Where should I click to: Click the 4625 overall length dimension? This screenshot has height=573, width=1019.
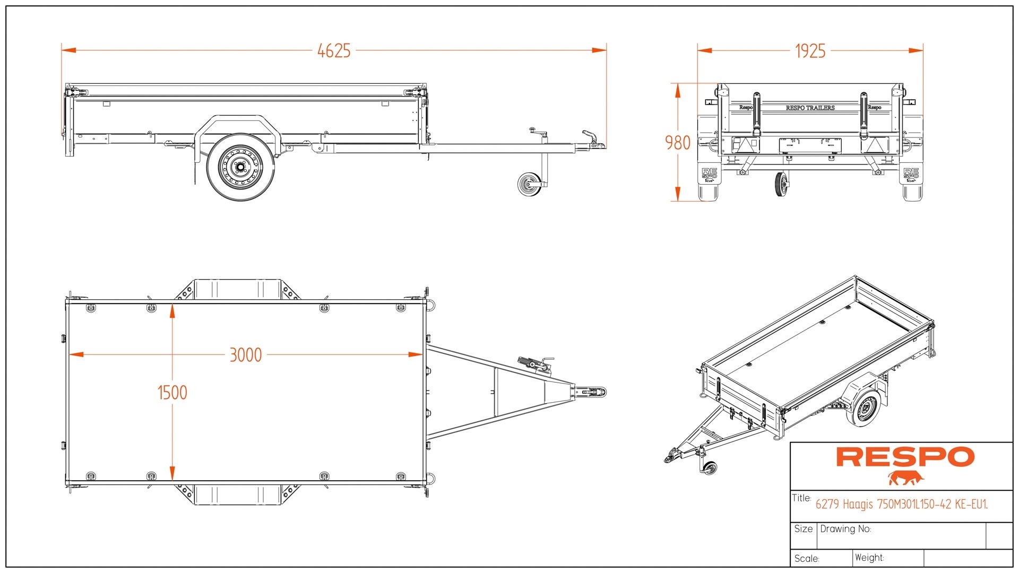(334, 51)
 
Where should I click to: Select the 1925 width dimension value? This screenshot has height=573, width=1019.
(810, 51)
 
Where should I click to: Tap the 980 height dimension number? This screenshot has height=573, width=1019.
(678, 143)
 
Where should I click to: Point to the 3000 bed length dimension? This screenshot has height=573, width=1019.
(245, 355)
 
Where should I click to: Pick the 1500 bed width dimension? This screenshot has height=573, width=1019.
(172, 393)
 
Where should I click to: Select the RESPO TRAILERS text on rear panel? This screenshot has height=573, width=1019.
(810, 108)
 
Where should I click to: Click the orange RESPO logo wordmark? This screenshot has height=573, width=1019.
(905, 457)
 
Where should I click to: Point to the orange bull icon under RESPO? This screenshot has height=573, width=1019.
(906, 478)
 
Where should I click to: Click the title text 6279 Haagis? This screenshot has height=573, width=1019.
(901, 505)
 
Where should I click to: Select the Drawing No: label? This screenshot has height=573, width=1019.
(845, 529)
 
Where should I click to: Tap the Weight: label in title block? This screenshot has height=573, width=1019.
(869, 558)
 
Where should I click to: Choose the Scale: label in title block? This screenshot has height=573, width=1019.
(807, 559)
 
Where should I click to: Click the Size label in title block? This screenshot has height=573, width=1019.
(803, 529)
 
